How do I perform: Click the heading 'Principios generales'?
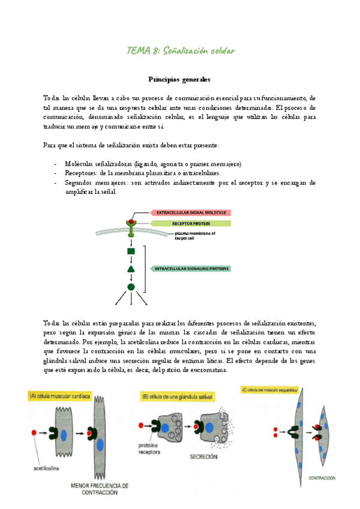(179, 79)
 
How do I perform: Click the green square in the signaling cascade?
(131, 251)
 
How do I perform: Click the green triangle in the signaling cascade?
(131, 269)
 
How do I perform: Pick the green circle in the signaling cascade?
(131, 287)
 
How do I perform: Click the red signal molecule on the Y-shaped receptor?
(130, 223)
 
